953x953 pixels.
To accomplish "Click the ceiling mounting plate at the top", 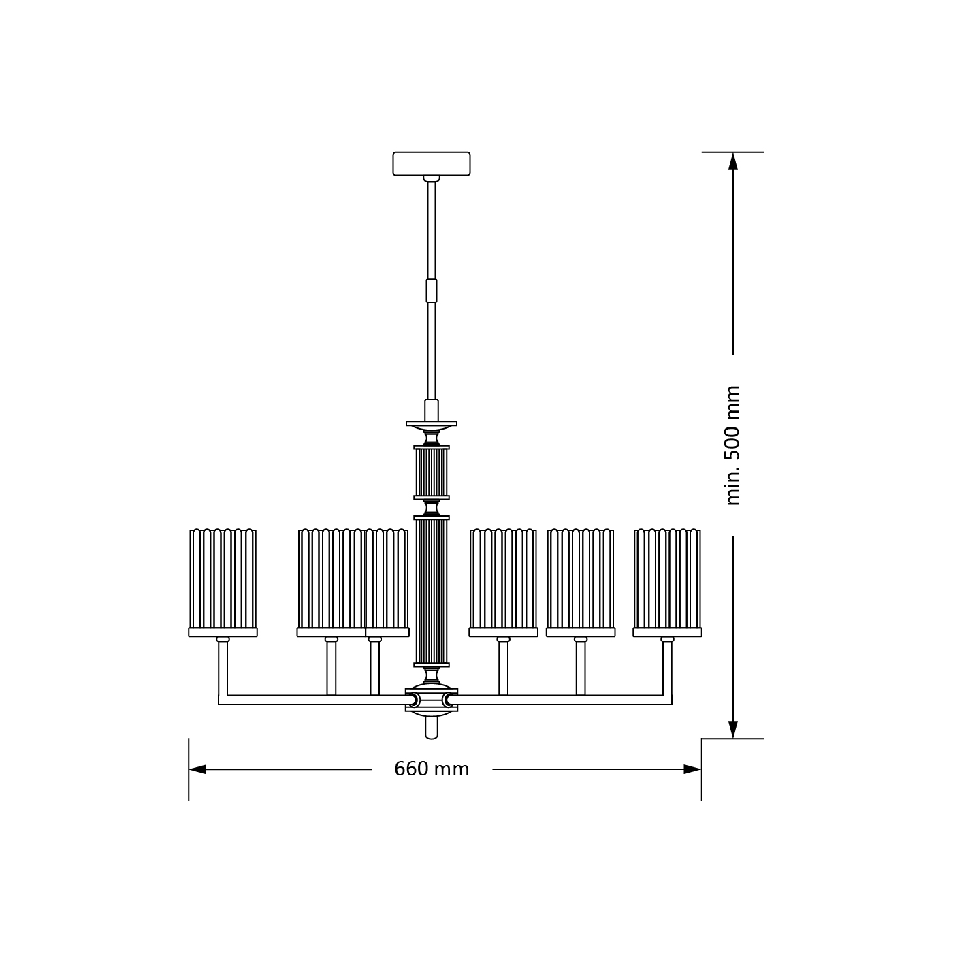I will [432, 163].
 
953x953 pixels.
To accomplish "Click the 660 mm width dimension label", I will [432, 769].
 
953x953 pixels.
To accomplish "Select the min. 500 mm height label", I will [732, 445].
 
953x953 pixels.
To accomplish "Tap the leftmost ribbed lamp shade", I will [223, 579].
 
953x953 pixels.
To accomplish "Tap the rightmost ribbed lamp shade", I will [667, 579].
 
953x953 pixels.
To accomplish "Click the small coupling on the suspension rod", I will [432, 291].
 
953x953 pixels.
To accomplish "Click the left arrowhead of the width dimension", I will [197, 769].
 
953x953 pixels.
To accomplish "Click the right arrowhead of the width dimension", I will [693, 769].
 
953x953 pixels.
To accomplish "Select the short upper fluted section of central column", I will [432, 472].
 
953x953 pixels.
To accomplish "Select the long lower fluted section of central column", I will [432, 591].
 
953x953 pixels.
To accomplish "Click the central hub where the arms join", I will [432, 700].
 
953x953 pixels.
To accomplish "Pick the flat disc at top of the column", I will [432, 423].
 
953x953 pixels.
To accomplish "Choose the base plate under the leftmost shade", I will [223, 632].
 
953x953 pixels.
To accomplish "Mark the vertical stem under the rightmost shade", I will [667, 667].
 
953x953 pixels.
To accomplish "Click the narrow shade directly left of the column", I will [387, 579].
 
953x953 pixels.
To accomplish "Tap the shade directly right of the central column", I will [503, 579].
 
